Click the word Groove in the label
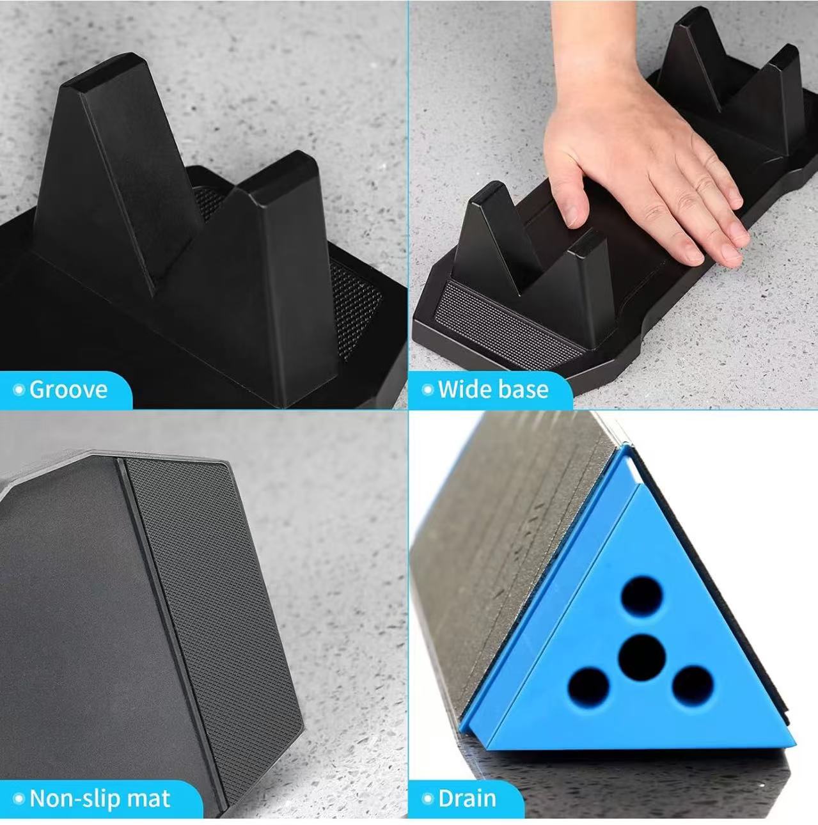tap(68, 389)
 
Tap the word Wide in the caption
tap(464, 389)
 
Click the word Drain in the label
tap(468, 798)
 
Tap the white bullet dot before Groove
tap(19, 390)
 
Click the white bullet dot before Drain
tap(427, 799)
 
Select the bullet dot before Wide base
tap(427, 390)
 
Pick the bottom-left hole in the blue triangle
tap(588, 688)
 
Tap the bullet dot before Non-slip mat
tap(19, 799)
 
